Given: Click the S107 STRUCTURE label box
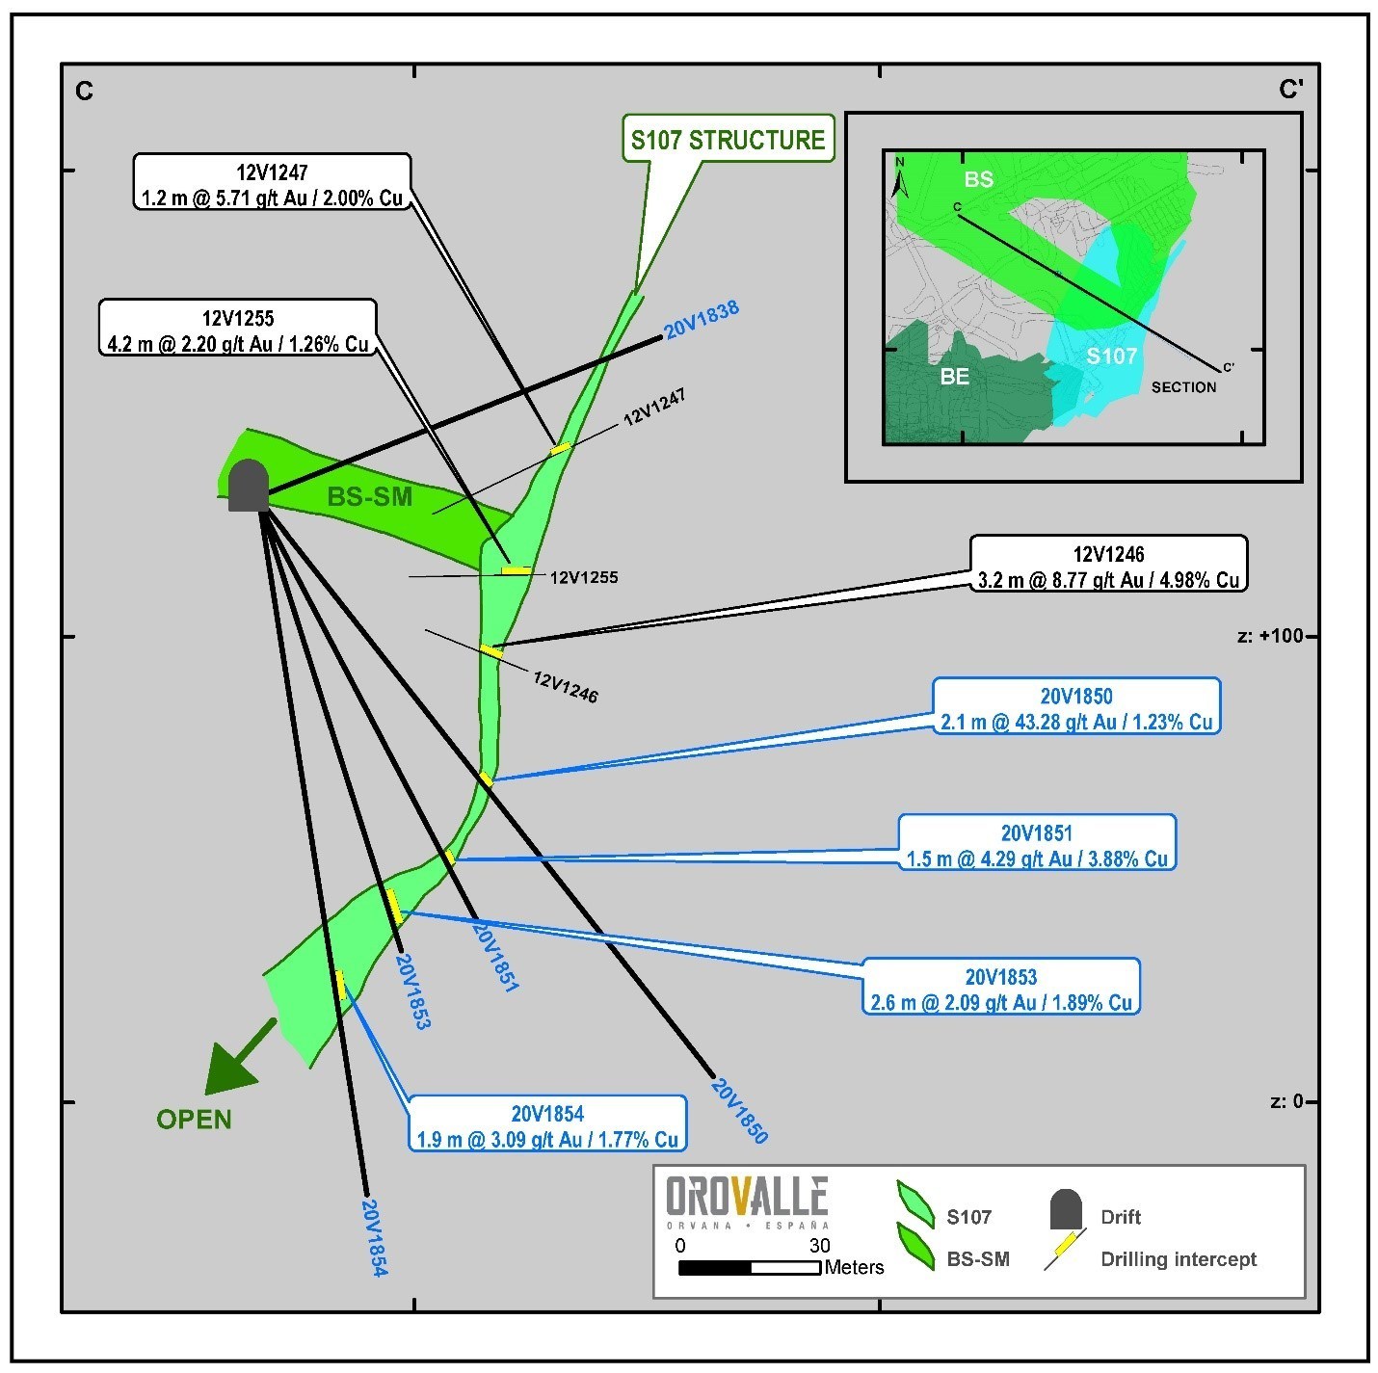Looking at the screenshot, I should click(728, 140).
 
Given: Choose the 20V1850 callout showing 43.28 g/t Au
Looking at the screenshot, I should click(1076, 708).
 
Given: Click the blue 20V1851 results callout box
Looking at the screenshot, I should click(1037, 845).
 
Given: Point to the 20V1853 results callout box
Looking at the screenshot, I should click(1001, 989).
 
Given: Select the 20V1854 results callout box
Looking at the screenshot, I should click(547, 1125).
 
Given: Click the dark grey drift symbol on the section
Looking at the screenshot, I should click(249, 486).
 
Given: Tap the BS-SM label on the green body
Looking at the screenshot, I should click(370, 497).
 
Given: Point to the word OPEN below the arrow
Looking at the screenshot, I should click(195, 1120).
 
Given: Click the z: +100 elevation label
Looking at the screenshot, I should click(1269, 637).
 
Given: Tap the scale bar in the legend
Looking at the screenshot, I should click(750, 1268).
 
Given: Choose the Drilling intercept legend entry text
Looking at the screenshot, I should click(1179, 1259).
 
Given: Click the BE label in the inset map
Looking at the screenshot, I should click(954, 377).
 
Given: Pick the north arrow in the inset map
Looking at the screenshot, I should click(899, 178).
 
